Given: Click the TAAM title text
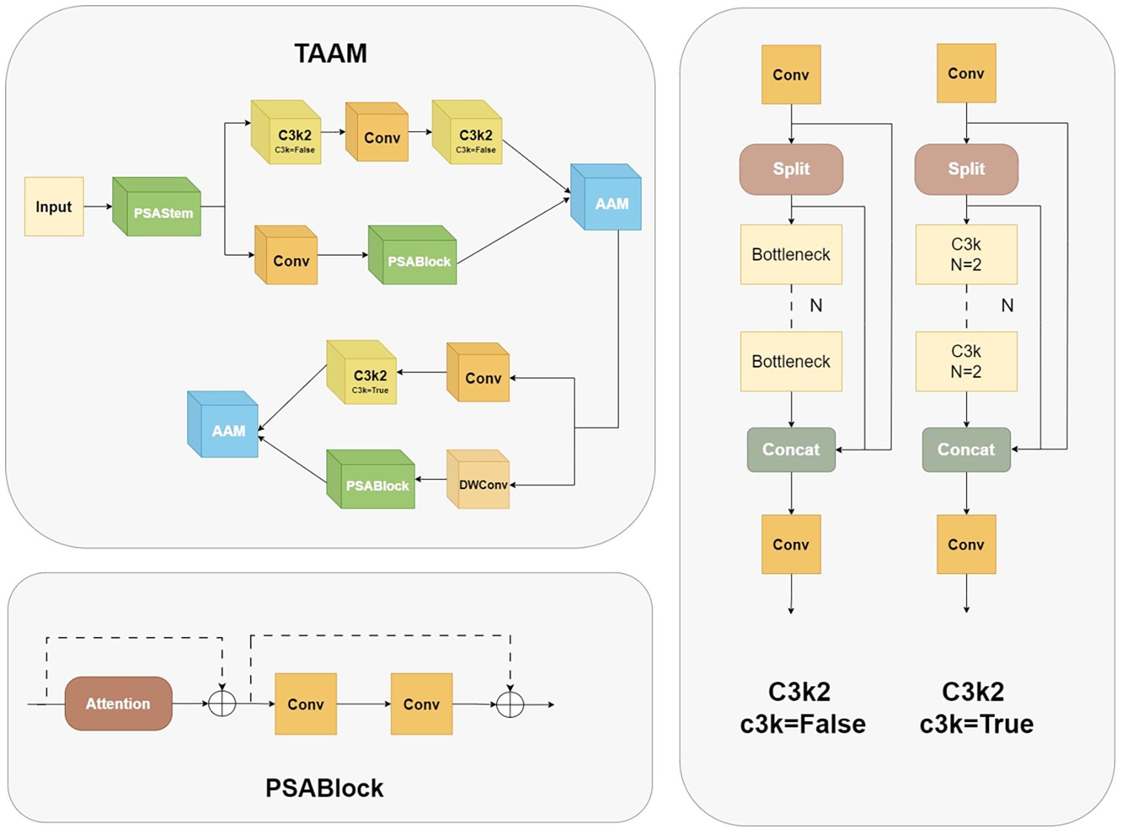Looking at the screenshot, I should tap(330, 53).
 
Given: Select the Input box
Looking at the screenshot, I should tap(54, 206).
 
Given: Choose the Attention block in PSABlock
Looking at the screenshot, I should tap(119, 703).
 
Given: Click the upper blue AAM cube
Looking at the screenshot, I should tap(608, 200).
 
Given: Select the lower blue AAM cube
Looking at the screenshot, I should tap(225, 427).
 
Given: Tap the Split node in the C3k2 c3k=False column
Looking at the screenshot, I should tap(791, 169).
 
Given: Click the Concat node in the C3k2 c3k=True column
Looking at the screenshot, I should tap(966, 450).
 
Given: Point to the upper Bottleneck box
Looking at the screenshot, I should tap(791, 254).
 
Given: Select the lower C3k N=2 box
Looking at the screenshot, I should tap(966, 361).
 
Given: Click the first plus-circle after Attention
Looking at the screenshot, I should tap(222, 704).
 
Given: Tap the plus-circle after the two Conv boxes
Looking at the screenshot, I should tap(510, 704).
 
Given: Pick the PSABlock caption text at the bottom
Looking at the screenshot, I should tap(324, 788).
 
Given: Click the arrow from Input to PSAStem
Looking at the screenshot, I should tap(98, 206).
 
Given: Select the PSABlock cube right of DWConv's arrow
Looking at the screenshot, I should tap(373, 482).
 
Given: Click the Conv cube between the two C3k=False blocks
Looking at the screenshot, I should tap(379, 134).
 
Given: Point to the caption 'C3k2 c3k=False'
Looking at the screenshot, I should tap(802, 708).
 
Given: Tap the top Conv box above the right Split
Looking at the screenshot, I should tap(966, 73).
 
